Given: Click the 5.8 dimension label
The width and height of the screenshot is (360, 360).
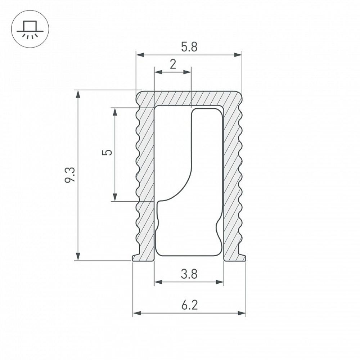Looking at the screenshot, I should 189,47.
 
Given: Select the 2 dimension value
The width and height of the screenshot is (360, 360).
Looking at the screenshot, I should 173,64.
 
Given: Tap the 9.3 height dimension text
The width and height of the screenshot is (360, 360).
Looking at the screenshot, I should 70,175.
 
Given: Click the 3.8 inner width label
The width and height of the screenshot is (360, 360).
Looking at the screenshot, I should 189,274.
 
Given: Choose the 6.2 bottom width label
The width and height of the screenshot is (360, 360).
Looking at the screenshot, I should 189,306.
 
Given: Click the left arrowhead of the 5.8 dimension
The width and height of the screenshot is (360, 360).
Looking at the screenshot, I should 140,55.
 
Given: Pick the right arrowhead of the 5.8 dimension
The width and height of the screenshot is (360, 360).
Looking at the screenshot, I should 238,55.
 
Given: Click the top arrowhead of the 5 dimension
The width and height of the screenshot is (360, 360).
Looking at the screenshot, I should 115,112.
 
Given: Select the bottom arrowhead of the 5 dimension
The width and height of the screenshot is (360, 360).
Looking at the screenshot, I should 115,197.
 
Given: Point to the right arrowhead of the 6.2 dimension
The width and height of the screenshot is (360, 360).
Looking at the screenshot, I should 242,314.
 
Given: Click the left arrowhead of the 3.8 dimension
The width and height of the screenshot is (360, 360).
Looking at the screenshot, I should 158,282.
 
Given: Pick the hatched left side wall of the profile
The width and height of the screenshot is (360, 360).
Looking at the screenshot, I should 145,180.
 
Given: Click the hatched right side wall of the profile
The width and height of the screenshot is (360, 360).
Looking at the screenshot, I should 232,180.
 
